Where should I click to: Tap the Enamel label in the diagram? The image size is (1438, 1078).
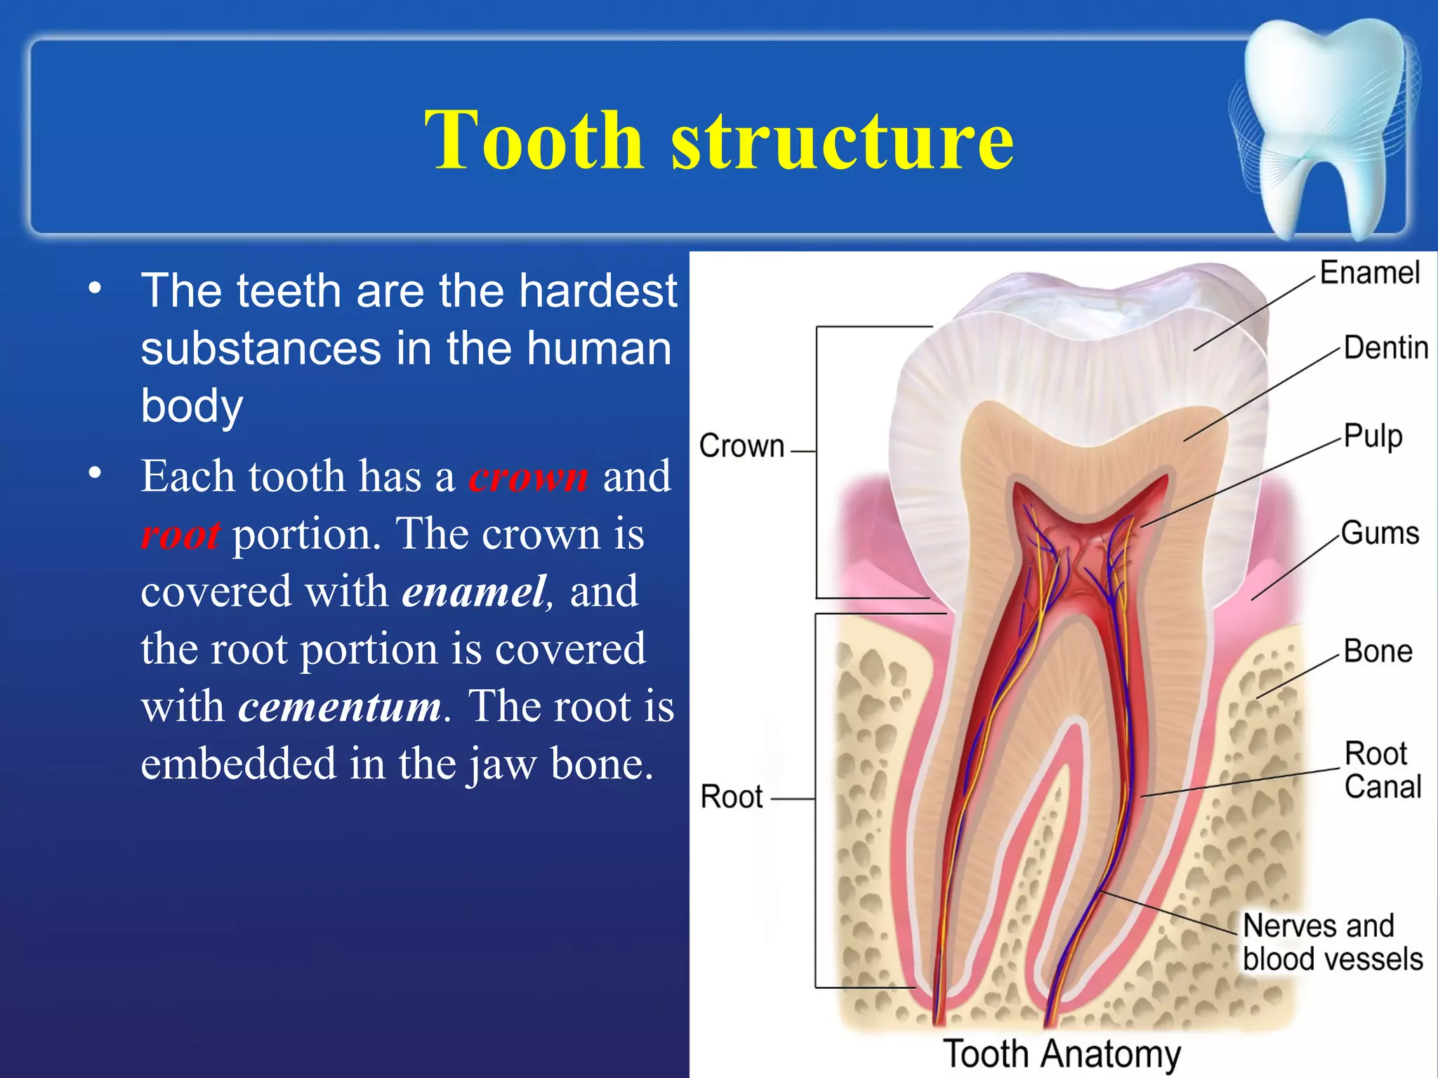pos(1369,272)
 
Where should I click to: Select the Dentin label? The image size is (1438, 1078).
pos(1385,347)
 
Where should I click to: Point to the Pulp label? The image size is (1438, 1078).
pos(1373,436)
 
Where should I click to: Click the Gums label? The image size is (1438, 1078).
pos(1380,533)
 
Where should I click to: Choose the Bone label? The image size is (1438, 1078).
pos(1378,651)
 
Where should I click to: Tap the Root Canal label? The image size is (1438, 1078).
pos(1382,770)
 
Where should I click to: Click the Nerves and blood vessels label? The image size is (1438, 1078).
pos(1331,943)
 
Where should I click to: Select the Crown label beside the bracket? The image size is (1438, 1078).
pos(741,446)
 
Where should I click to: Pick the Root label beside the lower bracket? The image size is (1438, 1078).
pos(732,797)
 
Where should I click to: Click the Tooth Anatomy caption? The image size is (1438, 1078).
pos(1061,1053)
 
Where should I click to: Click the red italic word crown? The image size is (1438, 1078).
pos(529,477)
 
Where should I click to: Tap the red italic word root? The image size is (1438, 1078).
pos(180,535)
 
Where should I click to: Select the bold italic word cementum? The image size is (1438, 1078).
pos(340,706)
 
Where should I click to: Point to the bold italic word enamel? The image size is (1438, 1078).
pos(474,592)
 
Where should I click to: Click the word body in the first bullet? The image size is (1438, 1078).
pos(192,406)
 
